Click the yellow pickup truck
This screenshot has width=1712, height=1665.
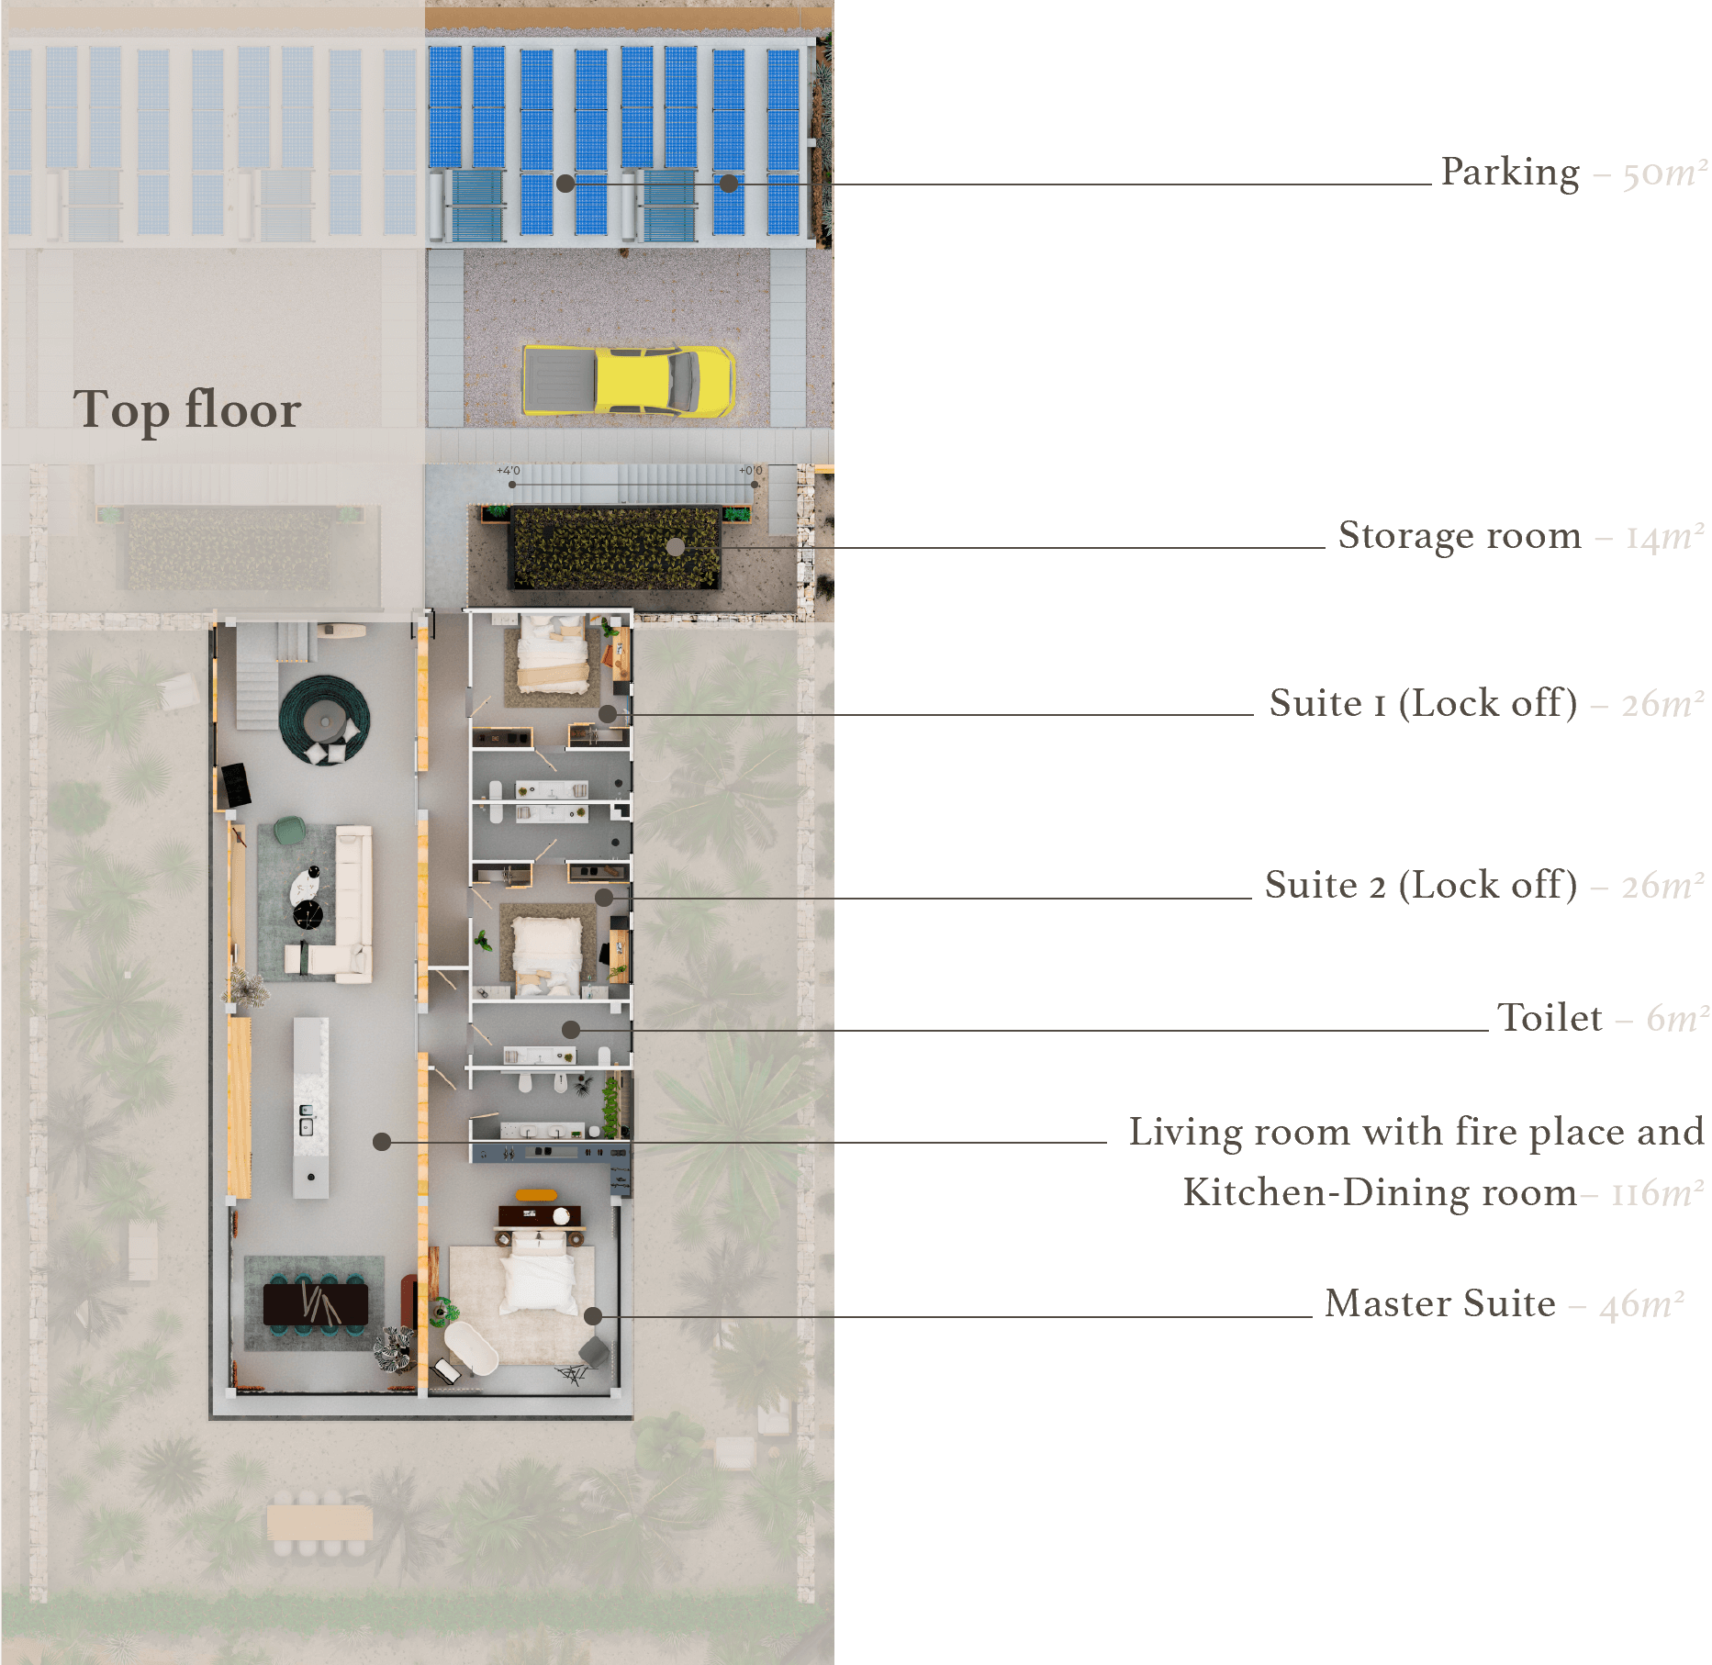coord(628,380)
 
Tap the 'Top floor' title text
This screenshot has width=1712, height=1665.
coord(187,409)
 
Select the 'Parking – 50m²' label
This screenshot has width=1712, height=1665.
coord(1573,173)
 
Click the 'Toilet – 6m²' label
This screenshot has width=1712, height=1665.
coord(1603,1018)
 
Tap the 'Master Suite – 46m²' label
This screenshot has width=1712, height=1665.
coord(1504,1303)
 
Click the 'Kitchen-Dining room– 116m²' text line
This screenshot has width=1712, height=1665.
coord(1442,1192)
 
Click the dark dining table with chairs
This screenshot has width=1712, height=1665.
coord(316,1304)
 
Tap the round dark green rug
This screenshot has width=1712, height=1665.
coord(324,719)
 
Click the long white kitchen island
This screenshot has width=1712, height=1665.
coord(310,1106)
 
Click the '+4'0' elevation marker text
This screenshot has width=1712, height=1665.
coord(509,471)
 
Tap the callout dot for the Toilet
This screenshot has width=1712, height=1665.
coord(571,1030)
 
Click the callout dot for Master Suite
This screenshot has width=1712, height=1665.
coord(593,1316)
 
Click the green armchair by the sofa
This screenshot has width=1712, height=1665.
coord(290,830)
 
